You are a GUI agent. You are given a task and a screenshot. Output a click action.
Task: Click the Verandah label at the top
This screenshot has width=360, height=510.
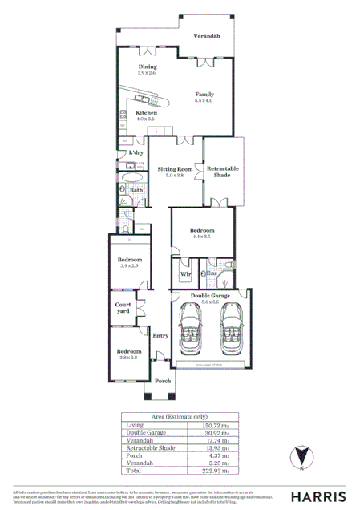[x=207, y=37]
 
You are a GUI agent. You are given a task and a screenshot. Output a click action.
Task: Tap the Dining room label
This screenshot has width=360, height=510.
[x=147, y=67]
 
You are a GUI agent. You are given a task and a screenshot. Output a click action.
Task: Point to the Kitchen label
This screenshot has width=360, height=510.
[x=145, y=114]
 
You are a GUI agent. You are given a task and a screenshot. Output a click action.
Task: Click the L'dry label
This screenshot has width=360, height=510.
[x=136, y=152]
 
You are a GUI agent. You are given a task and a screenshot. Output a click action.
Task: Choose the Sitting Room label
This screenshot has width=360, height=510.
[x=176, y=170]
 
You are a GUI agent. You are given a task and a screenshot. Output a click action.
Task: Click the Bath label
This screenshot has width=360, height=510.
[x=136, y=191]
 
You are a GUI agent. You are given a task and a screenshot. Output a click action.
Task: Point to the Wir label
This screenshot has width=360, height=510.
[x=184, y=274]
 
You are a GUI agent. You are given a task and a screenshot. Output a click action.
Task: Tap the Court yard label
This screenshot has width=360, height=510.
[x=123, y=308]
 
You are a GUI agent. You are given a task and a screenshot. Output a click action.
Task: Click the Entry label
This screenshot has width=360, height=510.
[x=160, y=337]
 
